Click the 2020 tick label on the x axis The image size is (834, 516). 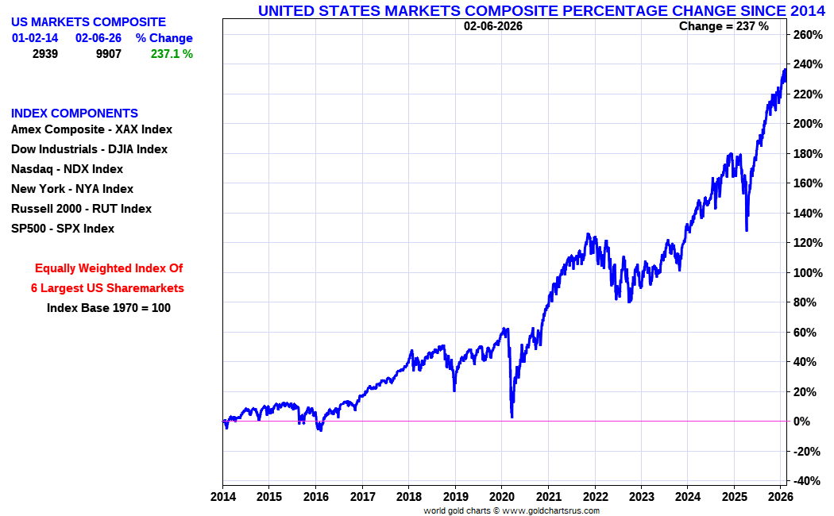point(502,496)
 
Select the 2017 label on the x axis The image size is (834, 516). point(362,496)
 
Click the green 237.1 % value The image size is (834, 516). point(172,54)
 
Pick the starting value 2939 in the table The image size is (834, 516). point(44,54)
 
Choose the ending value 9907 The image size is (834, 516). point(108,54)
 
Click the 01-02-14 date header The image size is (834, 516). point(35,38)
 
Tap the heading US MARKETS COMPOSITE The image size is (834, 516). point(88,22)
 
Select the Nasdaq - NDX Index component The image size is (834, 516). point(67,169)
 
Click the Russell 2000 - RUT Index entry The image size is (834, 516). point(81,209)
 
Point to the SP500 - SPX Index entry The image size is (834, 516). point(63,229)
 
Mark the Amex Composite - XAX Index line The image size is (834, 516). point(91,129)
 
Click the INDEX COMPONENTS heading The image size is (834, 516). point(75,114)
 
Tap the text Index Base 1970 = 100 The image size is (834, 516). point(109,308)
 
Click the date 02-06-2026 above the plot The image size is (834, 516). point(493,26)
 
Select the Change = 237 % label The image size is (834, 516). point(724,26)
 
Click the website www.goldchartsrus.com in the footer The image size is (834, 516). point(551,510)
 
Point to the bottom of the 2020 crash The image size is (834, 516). point(512,417)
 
